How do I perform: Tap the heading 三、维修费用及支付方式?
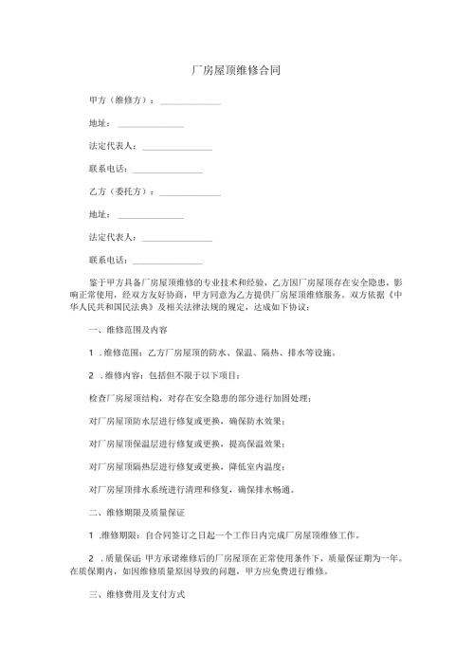(134, 599)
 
